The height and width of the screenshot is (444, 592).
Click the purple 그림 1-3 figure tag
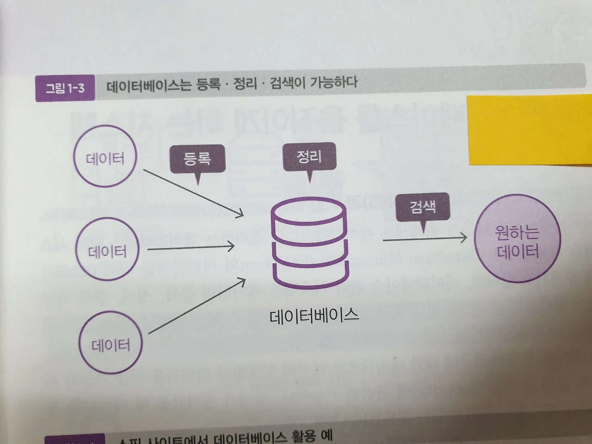click(x=65, y=88)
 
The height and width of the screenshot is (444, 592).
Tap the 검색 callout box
click(x=423, y=207)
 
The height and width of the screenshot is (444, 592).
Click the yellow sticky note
click(x=530, y=129)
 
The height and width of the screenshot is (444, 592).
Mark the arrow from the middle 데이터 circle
click(x=191, y=248)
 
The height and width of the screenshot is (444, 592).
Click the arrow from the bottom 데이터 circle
click(x=197, y=305)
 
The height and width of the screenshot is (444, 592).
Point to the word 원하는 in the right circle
click(x=517, y=232)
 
